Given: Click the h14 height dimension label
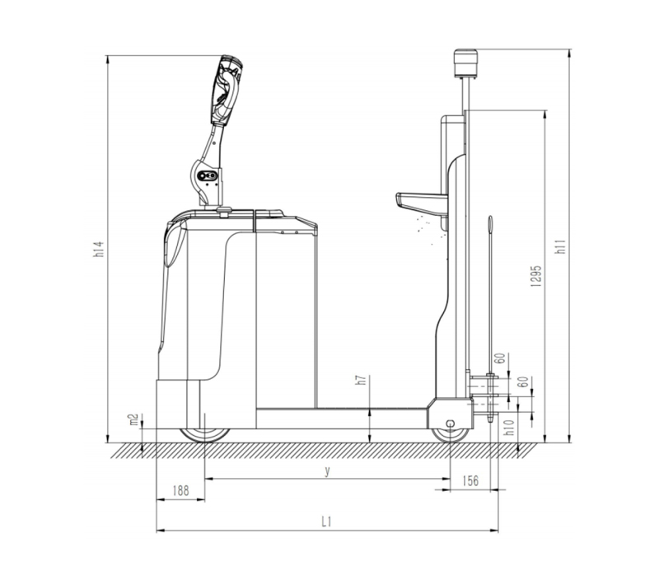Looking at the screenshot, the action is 99,249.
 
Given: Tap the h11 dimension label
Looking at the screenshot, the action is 560,246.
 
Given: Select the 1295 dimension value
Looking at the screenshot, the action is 536,276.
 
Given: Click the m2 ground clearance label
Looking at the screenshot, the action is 133,419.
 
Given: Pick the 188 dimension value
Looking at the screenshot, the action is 180,490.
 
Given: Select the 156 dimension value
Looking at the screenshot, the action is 470,480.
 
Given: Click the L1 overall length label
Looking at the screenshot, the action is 326,522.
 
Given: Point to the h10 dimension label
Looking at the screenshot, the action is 509,428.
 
